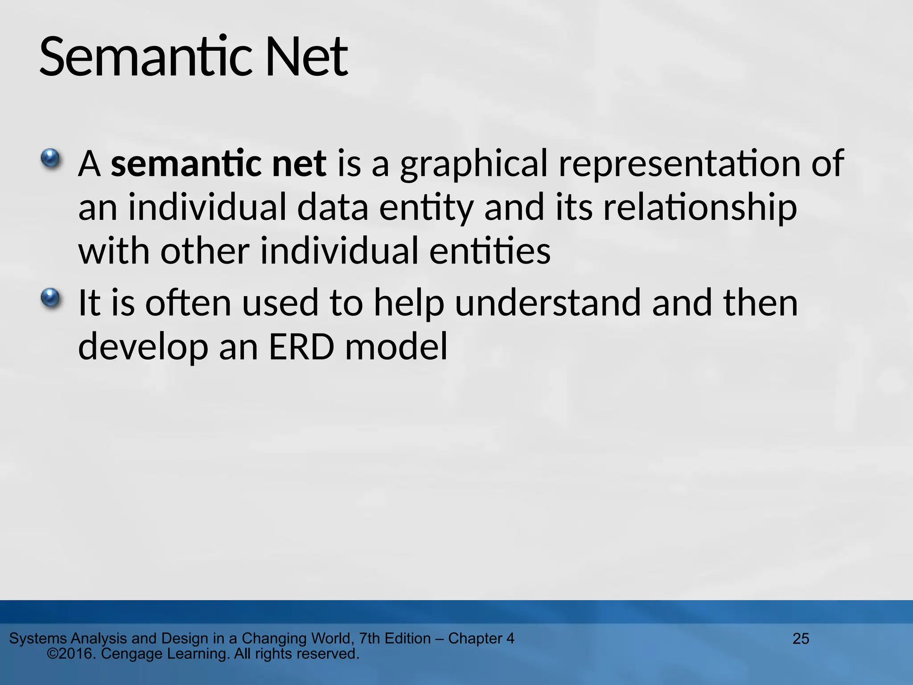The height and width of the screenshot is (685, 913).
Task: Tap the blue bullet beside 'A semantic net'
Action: coord(50,158)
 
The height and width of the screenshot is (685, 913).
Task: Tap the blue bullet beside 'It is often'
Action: coord(50,297)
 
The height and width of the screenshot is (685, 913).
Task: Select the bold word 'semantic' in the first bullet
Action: coord(186,164)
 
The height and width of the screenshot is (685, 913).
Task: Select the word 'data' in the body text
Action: coord(333,208)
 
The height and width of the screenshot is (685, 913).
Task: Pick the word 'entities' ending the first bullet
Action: coord(490,251)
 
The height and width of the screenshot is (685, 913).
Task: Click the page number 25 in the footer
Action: coord(801,639)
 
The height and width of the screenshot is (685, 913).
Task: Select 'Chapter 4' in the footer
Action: coord(481,638)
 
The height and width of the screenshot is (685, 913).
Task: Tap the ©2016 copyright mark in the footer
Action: coord(71,654)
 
